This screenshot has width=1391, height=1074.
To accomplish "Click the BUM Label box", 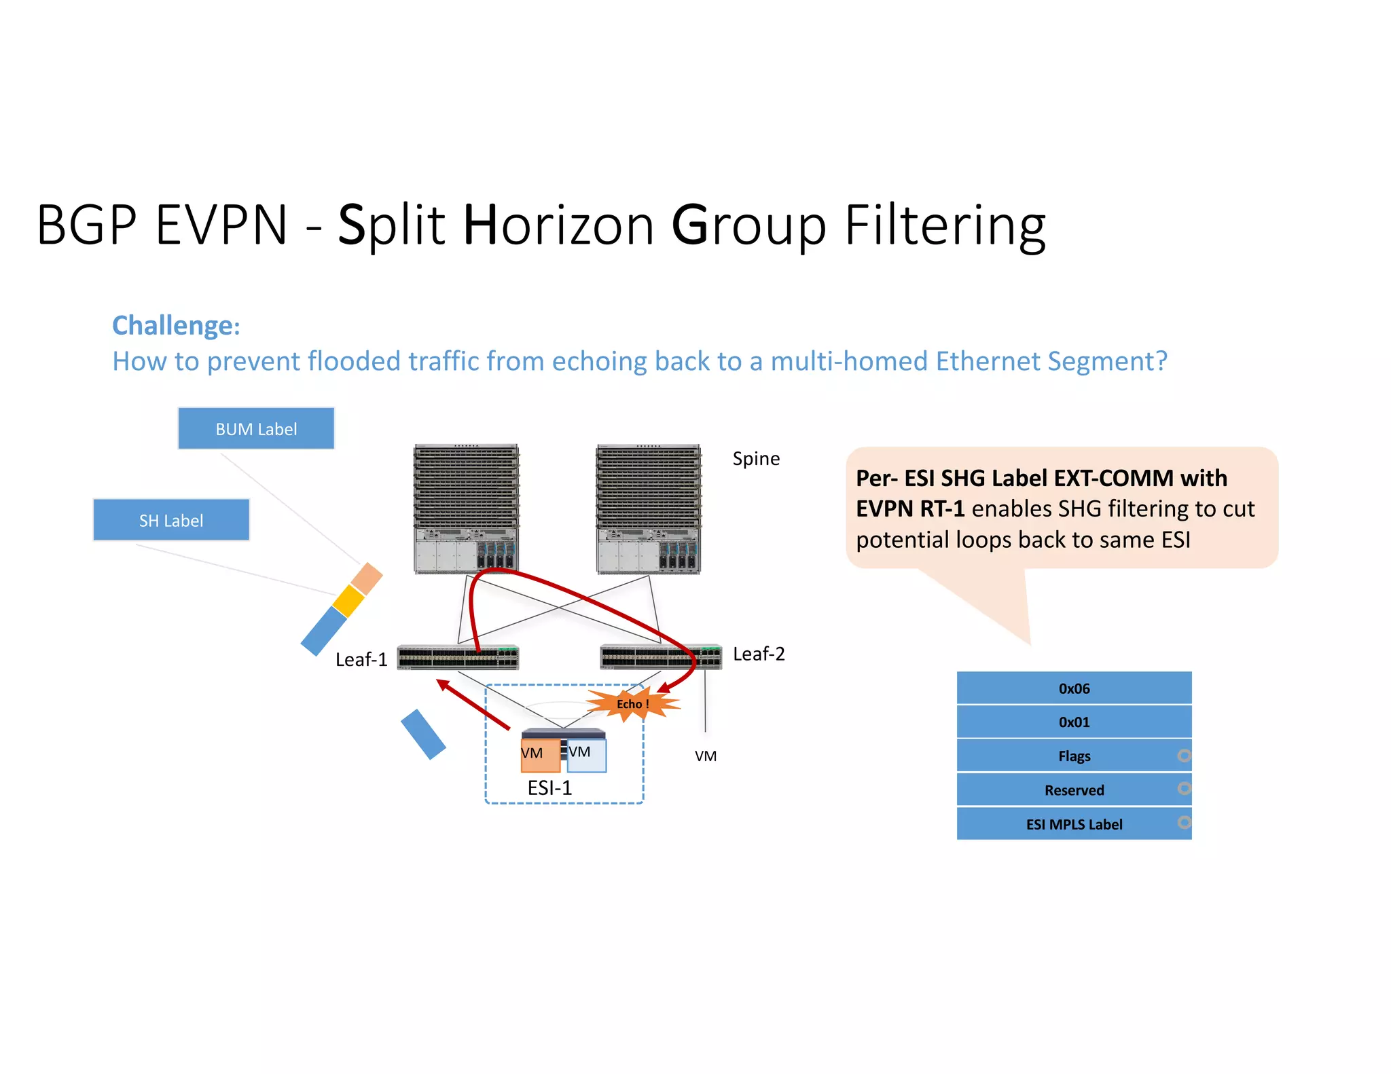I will point(256,428).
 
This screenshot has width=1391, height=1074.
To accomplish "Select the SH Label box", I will point(171,520).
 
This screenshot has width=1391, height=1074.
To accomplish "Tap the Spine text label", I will point(756,459).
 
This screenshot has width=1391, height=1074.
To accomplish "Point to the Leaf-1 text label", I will point(361,659).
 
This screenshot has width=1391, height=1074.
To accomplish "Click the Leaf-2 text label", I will point(759,654).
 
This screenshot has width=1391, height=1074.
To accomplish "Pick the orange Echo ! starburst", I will point(632,704).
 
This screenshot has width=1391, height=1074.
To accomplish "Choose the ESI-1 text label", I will point(549,788).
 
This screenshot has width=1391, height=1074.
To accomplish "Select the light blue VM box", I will point(587,756).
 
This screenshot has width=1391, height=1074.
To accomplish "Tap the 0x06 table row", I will point(1074,688).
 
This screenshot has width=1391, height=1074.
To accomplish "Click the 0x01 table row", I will point(1074,722).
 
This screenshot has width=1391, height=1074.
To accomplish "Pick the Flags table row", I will point(1074,756).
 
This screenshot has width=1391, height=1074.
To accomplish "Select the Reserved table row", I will point(1074,790).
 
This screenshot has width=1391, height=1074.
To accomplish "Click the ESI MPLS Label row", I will point(1074,824).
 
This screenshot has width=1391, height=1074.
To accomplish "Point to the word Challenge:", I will point(176,326).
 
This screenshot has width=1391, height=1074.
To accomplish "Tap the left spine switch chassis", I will point(466,509).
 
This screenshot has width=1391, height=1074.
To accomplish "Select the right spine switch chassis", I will point(648,509).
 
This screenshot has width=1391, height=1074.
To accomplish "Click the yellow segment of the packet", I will point(349,601).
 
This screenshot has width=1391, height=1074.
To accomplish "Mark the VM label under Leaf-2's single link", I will point(706,756).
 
